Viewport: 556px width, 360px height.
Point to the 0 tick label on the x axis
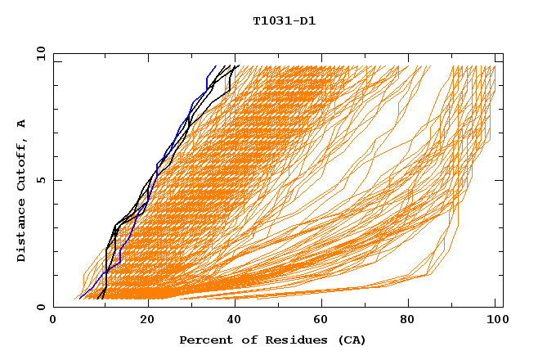tap(54, 322)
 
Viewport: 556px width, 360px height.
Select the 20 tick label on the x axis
tap(148, 322)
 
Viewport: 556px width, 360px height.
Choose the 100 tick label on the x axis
tap(495, 322)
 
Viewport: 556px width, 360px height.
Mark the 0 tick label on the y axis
tap(40, 308)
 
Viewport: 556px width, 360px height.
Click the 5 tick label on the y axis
tap(40, 180)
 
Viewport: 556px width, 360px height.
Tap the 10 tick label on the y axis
tap(38, 53)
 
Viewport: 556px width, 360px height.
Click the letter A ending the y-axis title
tap(21, 124)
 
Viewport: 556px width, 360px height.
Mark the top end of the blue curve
tap(216, 66)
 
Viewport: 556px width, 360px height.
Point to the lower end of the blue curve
tap(80, 298)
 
